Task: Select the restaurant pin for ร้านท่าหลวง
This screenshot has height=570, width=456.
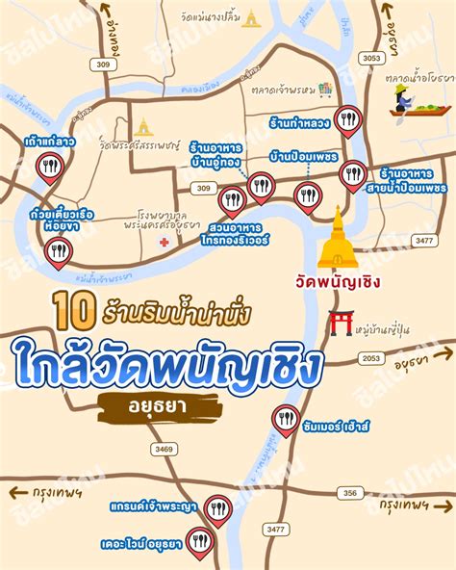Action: [x=350, y=120]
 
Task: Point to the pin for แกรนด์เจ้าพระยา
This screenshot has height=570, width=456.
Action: [x=219, y=507]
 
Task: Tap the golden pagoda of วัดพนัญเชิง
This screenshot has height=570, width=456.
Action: [x=337, y=239]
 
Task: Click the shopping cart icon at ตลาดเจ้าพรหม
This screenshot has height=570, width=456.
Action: [x=325, y=89]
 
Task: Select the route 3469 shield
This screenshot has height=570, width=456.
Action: [x=165, y=449]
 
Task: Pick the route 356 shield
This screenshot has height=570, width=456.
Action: [x=351, y=493]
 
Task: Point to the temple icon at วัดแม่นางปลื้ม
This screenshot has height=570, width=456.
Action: [x=251, y=18]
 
